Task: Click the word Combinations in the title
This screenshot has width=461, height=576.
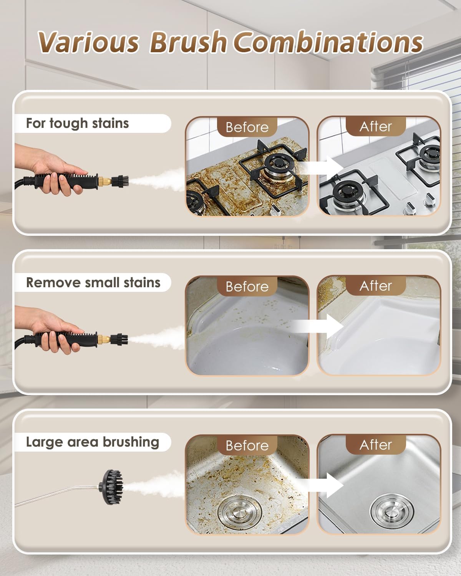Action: coord(328,42)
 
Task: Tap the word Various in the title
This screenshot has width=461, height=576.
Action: coord(88,42)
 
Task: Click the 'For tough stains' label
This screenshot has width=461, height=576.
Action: coord(77,123)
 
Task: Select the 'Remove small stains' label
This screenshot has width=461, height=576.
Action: coord(93,283)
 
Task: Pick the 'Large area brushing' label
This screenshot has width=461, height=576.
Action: coord(92,442)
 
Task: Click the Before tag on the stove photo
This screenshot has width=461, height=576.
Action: coord(247,127)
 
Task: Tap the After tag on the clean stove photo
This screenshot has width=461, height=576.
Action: coord(376,126)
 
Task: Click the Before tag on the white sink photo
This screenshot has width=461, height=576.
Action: coord(247,286)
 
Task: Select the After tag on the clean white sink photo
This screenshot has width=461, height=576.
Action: coord(376,286)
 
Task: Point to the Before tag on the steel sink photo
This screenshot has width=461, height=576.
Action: coord(247,445)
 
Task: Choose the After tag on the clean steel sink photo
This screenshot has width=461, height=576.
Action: coord(376,445)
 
